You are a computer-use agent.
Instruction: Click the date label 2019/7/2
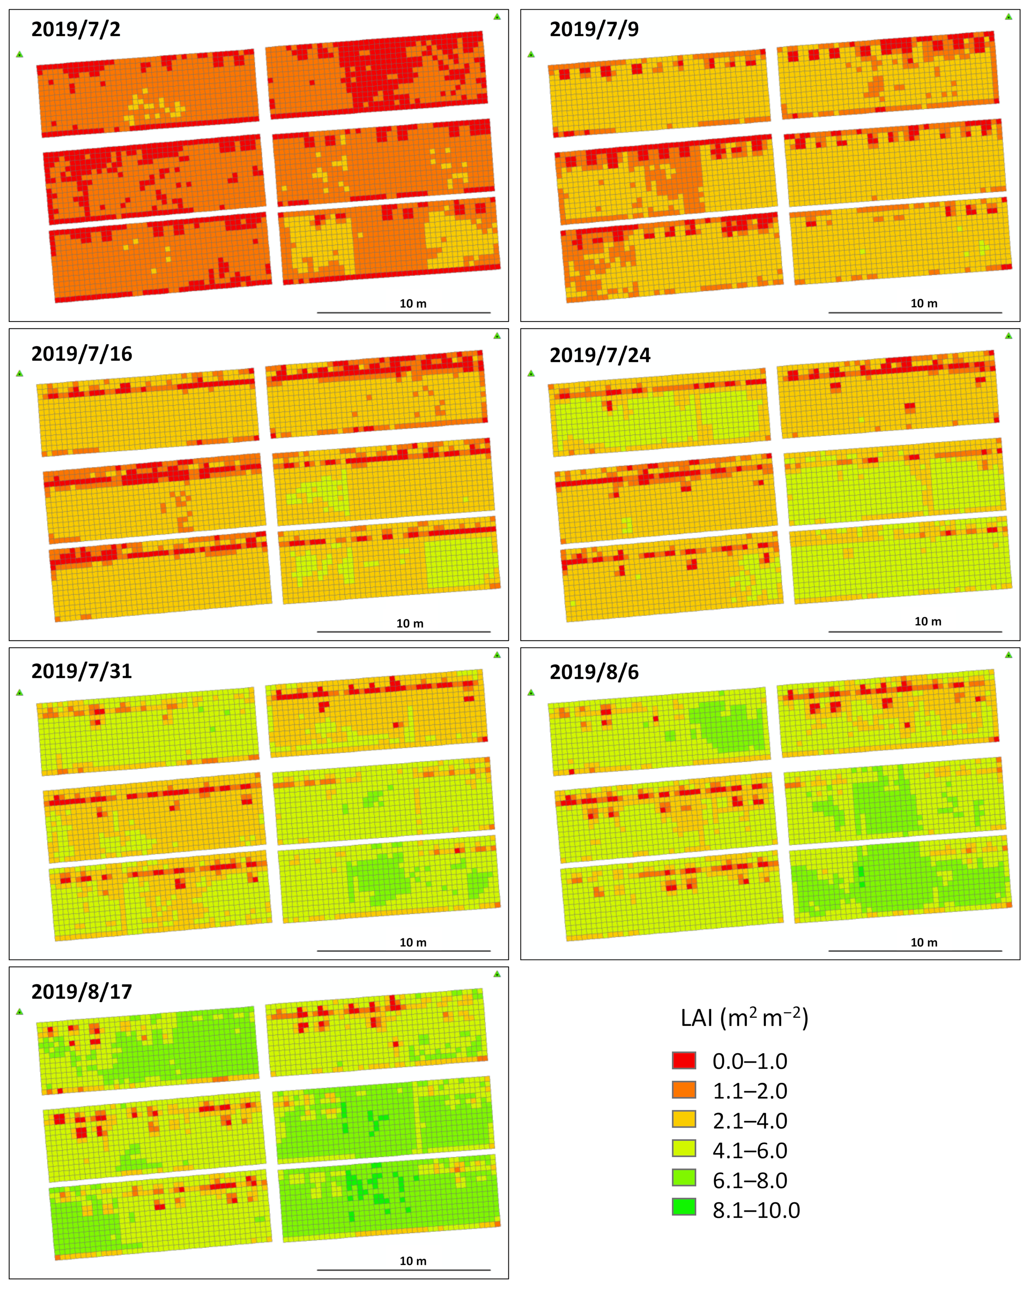pyautogui.click(x=76, y=29)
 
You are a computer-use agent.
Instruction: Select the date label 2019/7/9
pyautogui.click(x=594, y=29)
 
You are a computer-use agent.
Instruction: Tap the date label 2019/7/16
pyautogui.click(x=82, y=354)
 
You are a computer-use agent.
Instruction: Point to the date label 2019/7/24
pyautogui.click(x=600, y=355)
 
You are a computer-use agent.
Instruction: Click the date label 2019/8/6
pyautogui.click(x=594, y=672)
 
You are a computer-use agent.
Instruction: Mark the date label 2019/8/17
pyautogui.click(x=82, y=992)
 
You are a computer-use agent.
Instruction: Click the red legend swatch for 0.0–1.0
pyautogui.click(x=684, y=1061)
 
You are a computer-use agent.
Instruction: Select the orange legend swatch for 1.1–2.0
pyautogui.click(x=684, y=1090)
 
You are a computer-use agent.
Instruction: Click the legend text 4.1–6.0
pyautogui.click(x=750, y=1150)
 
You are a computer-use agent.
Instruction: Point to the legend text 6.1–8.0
pyautogui.click(x=750, y=1180)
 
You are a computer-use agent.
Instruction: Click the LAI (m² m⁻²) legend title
pyautogui.click(x=745, y=1018)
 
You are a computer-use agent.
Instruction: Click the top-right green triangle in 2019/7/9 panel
pyautogui.click(x=1008, y=17)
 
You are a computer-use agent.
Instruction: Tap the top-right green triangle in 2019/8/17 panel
pyautogui.click(x=497, y=974)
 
